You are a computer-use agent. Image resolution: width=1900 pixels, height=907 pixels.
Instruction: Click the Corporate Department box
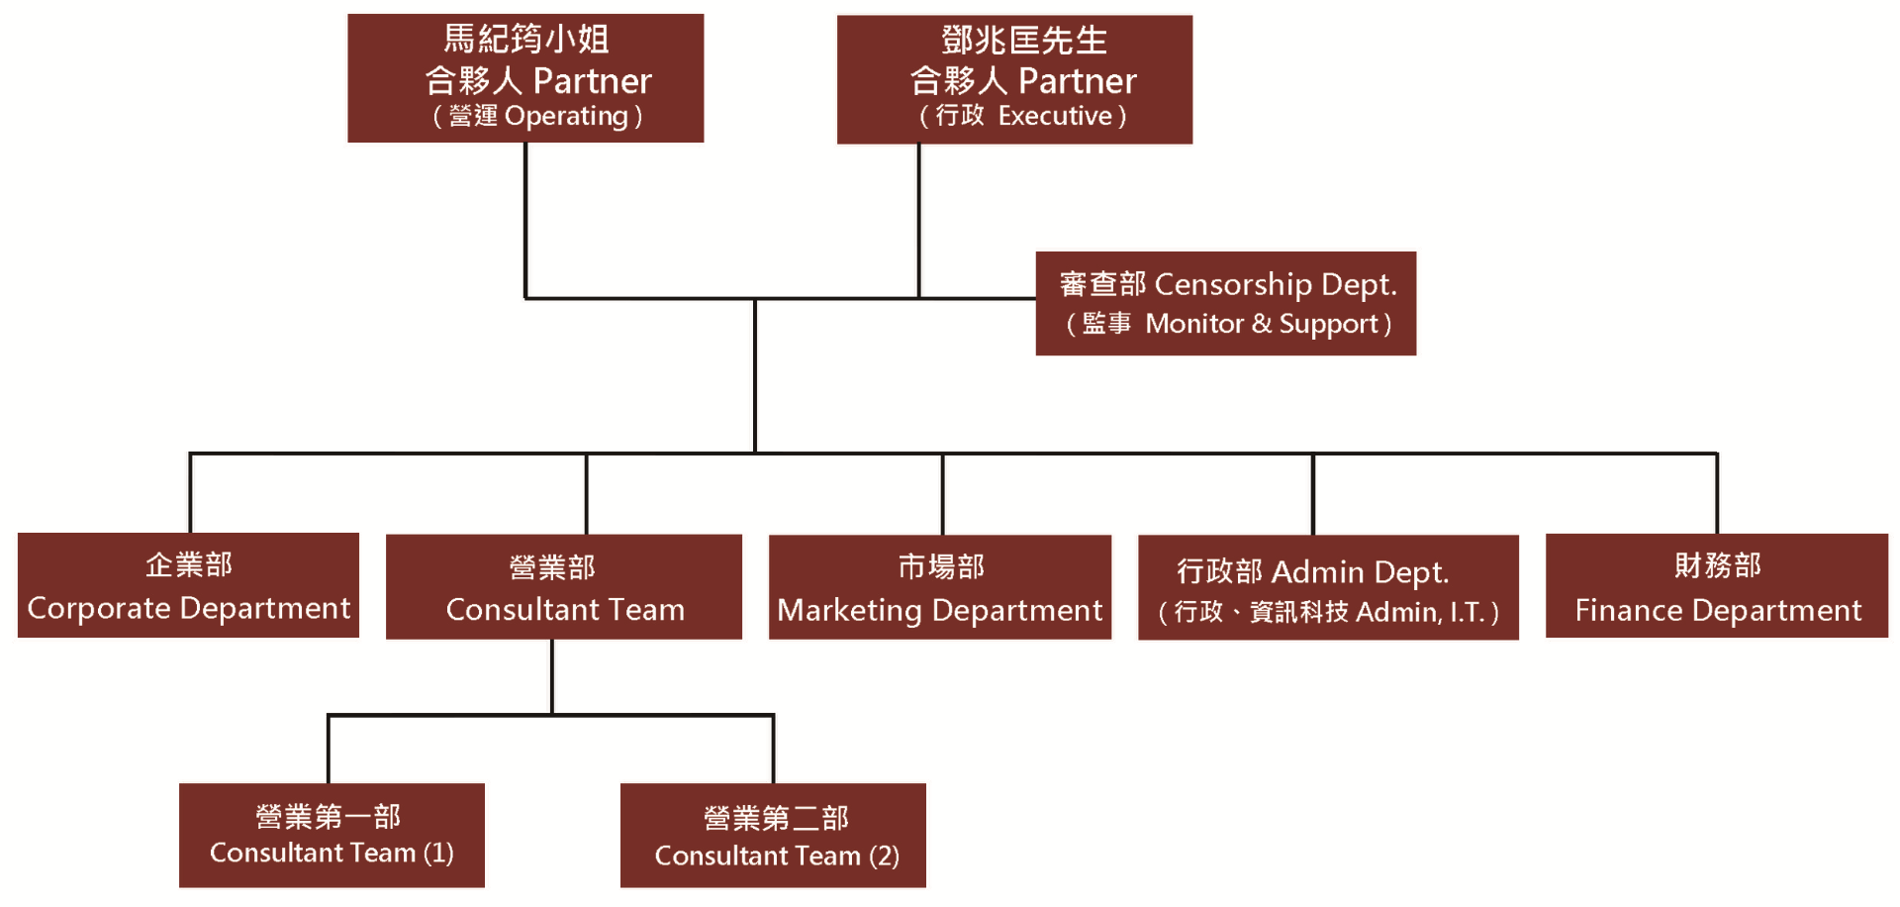[188, 585]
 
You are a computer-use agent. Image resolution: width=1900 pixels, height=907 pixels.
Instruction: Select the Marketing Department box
[940, 587]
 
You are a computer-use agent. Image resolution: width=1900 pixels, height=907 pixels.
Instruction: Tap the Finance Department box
[1717, 586]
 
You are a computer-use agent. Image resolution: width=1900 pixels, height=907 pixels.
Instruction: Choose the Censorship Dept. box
[1226, 303]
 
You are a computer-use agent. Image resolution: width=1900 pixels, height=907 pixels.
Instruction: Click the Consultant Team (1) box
[332, 836]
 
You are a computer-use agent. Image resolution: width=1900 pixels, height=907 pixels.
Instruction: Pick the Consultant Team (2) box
[773, 836]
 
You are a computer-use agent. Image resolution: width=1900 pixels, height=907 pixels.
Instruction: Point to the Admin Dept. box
[1328, 587]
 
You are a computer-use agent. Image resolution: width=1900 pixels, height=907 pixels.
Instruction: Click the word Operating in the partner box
[566, 117]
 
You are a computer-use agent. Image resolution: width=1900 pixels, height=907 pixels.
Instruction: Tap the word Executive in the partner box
[1055, 116]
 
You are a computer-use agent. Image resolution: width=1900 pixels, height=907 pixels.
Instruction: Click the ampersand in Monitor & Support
[1261, 324]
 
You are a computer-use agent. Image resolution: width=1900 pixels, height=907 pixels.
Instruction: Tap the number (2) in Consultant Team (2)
[884, 856]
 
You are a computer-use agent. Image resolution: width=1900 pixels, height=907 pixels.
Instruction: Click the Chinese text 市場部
[941, 566]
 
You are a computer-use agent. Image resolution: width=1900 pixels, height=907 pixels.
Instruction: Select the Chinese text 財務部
[1718, 565]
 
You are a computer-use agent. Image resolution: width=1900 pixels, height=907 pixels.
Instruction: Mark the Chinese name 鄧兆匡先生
[1024, 41]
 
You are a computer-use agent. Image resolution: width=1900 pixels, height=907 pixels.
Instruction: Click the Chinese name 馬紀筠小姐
[525, 39]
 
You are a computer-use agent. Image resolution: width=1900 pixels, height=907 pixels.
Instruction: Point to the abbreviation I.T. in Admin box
[1468, 613]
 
